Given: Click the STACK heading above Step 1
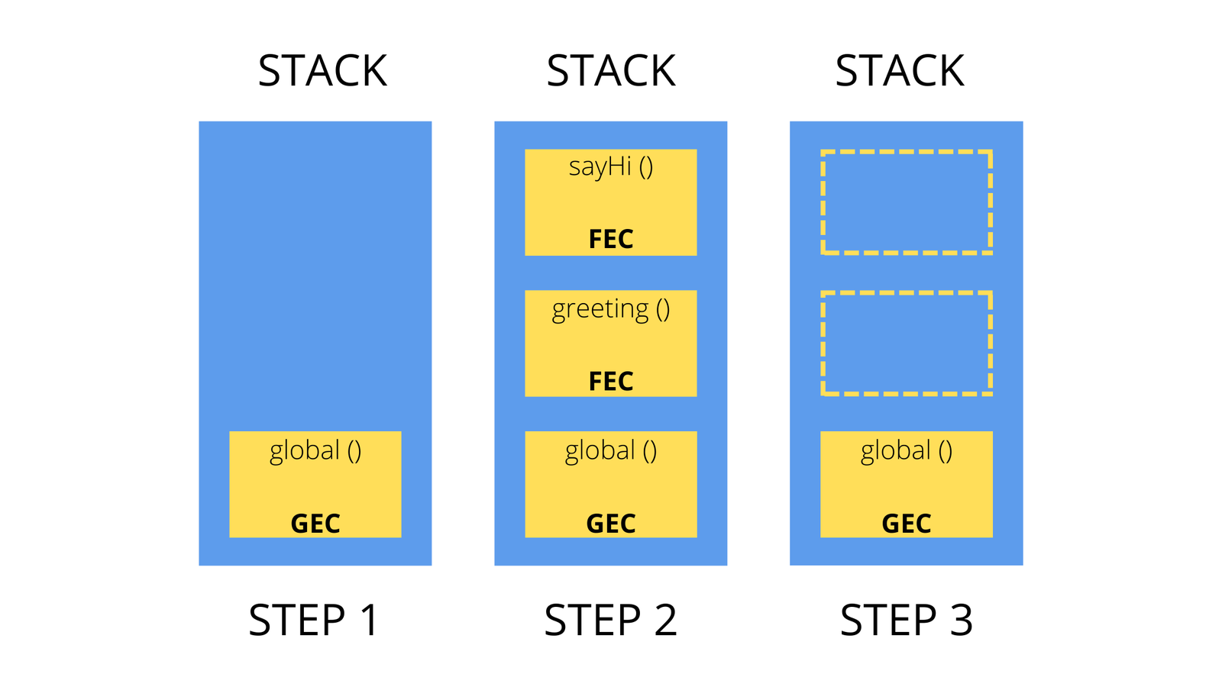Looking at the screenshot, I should (x=322, y=71).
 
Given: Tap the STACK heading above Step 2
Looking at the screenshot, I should (x=611, y=71).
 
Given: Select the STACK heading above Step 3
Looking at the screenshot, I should (x=900, y=71).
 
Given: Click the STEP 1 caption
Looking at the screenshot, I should (x=314, y=620).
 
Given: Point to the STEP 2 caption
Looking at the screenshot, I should (x=610, y=620).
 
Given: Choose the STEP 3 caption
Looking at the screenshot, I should (x=907, y=620).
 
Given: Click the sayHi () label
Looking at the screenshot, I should (x=611, y=167).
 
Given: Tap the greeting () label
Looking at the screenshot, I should (x=611, y=309).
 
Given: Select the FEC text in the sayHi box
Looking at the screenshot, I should (x=611, y=239).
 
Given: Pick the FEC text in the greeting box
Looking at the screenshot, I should (x=611, y=381).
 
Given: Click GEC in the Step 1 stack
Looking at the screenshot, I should (x=315, y=524).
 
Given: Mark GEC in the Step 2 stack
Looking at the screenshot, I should (x=611, y=524).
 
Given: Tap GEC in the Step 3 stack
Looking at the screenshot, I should (x=907, y=524).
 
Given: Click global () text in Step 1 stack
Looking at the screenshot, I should (x=315, y=451).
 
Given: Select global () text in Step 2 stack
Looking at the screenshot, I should (x=611, y=451).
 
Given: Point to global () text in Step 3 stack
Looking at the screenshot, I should (x=907, y=451).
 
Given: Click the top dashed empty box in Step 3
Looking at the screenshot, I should (x=907, y=202).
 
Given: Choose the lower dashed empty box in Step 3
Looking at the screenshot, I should (x=907, y=343).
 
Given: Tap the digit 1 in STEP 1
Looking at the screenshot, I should (x=369, y=620).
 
